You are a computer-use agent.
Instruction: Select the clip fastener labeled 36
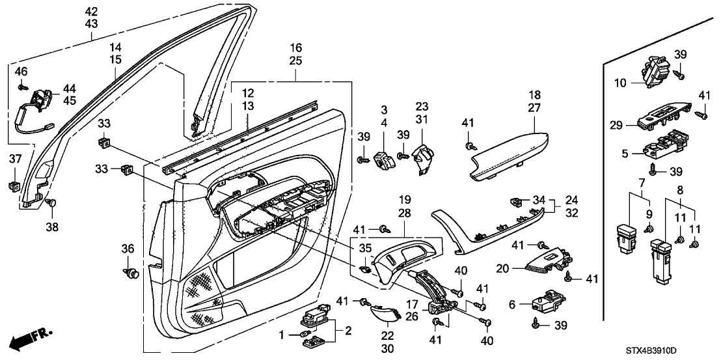pyautogui.click(x=132, y=272)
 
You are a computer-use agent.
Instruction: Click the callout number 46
pyautogui.click(x=21, y=70)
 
